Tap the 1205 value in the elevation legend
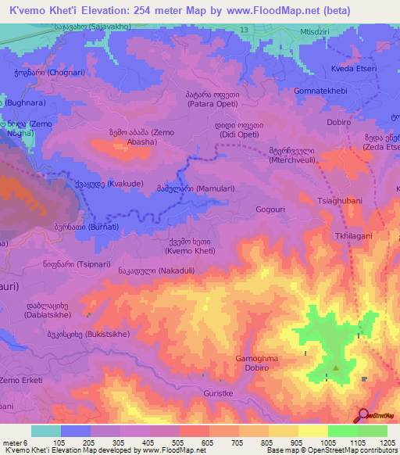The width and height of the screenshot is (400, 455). [x=388, y=442]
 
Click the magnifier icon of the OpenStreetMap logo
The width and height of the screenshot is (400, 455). [x=362, y=416]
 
